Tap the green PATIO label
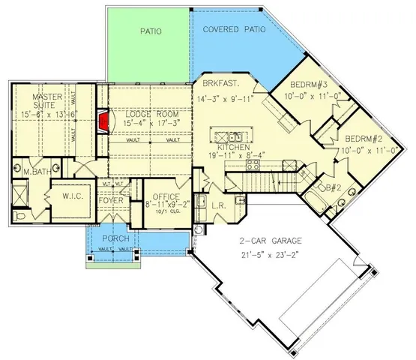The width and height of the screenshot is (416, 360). (x=152, y=31)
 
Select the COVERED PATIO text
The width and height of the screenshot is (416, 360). (x=235, y=30)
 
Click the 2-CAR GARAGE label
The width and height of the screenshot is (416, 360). (x=271, y=241)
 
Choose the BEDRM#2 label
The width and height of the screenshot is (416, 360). (x=365, y=139)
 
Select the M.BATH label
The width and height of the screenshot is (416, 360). (x=37, y=172)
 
